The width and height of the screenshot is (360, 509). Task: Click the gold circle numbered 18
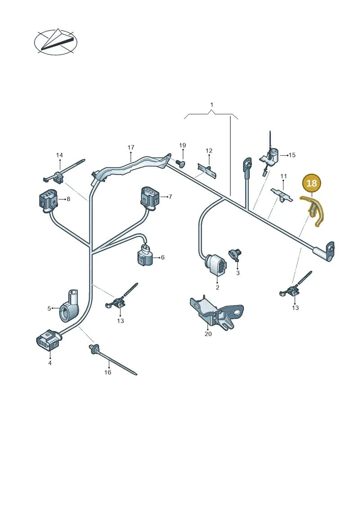(311, 183)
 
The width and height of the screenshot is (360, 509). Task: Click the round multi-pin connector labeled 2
(216, 265)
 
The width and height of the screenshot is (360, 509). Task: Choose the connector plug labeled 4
(48, 341)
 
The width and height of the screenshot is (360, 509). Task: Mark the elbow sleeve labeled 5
(69, 306)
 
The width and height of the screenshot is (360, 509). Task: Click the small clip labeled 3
(236, 255)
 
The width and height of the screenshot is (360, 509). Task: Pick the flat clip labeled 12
(207, 170)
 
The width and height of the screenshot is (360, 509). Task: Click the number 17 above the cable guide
(131, 147)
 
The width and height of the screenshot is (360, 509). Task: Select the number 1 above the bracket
(211, 104)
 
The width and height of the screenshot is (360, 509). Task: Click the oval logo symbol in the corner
(55, 42)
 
